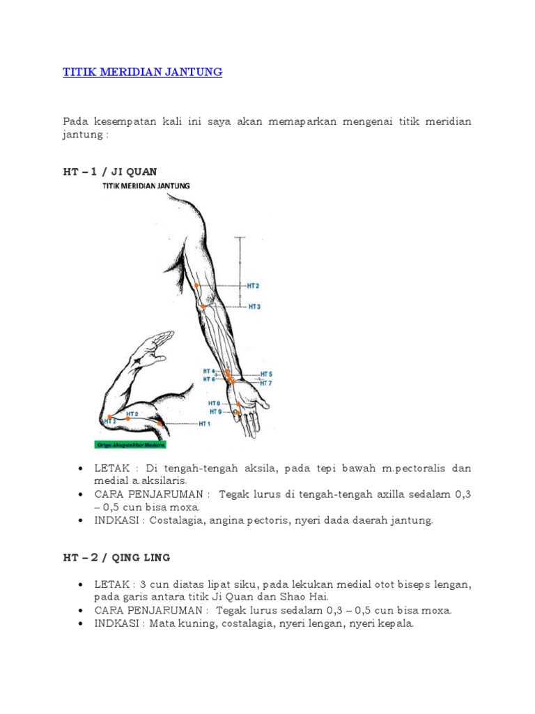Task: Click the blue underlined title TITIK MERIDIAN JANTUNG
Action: click(143, 72)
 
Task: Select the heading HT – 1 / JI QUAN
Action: click(110, 172)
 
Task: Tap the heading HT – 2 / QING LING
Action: click(116, 558)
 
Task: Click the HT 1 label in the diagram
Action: click(204, 423)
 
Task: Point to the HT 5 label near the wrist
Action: click(266, 374)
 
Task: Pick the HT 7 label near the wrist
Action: click(266, 383)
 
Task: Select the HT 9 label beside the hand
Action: click(215, 411)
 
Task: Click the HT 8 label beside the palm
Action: click(214, 403)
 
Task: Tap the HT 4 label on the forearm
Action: click(209, 371)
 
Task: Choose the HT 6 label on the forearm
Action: click(209, 379)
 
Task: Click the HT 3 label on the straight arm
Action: click(254, 307)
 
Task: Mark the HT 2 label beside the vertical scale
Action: click(253, 286)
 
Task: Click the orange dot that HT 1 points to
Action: click(160, 423)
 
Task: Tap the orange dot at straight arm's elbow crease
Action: click(203, 306)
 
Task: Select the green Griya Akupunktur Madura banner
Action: click(130, 444)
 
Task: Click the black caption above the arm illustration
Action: click(146, 186)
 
